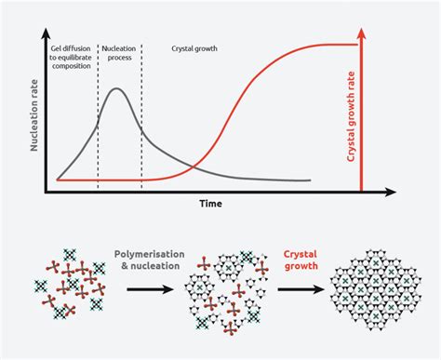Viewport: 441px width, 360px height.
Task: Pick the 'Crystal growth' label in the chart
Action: [194, 46]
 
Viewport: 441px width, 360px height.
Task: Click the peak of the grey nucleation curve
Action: [115, 89]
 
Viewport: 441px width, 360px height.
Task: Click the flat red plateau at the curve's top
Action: [326, 44]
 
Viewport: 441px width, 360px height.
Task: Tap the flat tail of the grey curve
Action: [279, 180]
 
